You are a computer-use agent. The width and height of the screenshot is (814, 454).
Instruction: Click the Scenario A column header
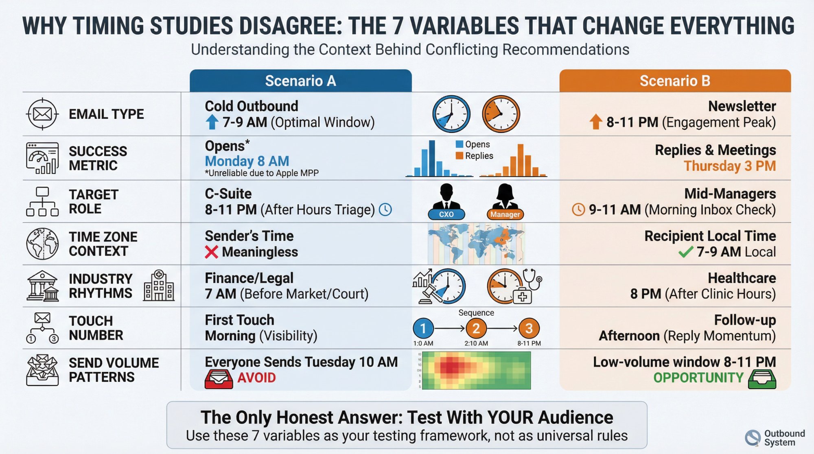click(x=300, y=81)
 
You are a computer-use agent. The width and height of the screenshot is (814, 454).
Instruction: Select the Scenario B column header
click(x=675, y=81)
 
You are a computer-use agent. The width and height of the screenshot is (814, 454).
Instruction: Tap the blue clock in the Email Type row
click(x=451, y=114)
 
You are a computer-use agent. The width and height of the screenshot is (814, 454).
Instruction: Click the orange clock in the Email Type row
click(x=501, y=114)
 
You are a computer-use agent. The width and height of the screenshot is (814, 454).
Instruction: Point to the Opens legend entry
click(x=473, y=144)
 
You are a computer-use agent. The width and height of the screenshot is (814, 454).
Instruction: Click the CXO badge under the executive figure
click(x=446, y=214)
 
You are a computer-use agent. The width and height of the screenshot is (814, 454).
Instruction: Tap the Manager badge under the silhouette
click(x=505, y=214)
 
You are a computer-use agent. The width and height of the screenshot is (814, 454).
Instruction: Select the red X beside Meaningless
click(x=212, y=252)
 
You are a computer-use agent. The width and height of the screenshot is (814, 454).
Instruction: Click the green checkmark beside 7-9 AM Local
click(x=686, y=252)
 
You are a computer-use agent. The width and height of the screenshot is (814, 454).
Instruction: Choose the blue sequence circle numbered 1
click(x=423, y=328)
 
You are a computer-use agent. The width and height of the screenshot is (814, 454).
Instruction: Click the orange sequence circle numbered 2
click(x=476, y=328)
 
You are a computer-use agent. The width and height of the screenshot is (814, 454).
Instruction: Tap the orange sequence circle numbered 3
click(x=529, y=328)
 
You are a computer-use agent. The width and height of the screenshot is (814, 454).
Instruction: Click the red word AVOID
click(x=256, y=378)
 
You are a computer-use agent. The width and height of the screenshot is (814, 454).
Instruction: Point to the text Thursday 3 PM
click(x=729, y=166)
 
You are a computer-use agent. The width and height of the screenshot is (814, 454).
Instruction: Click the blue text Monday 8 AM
click(x=247, y=162)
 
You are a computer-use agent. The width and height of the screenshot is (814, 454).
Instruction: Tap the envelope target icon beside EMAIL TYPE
click(x=42, y=114)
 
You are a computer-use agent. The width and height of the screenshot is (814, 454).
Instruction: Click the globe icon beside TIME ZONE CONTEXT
click(x=42, y=244)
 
